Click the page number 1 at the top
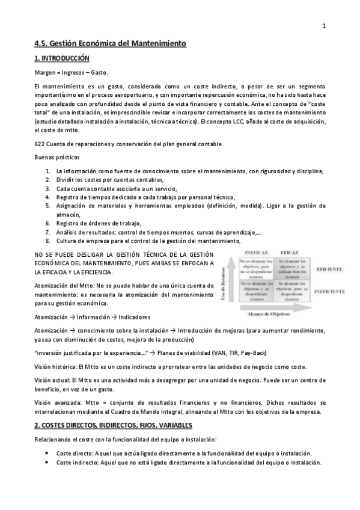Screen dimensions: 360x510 pyautogui.click(x=324, y=25)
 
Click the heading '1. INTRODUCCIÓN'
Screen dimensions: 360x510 pyautogui.click(x=61, y=58)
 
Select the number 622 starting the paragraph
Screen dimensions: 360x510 pyautogui.click(x=40, y=144)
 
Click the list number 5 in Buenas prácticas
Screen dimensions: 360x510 pyautogui.click(x=47, y=206)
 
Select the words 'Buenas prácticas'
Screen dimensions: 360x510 pyautogui.click(x=53, y=158)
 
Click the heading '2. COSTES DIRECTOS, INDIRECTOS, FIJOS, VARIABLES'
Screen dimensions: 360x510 pyautogui.click(x=113, y=425)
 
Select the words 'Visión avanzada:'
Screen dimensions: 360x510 pyautogui.click(x=55, y=402)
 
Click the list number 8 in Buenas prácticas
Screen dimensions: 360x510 pyautogui.click(x=47, y=240)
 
